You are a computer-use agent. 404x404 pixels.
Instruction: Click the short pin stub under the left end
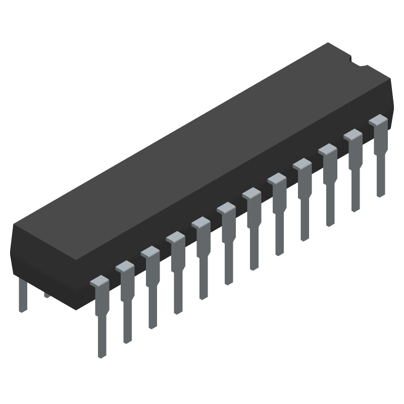[47, 294]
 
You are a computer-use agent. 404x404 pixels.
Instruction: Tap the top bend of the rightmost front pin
[379, 121]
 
